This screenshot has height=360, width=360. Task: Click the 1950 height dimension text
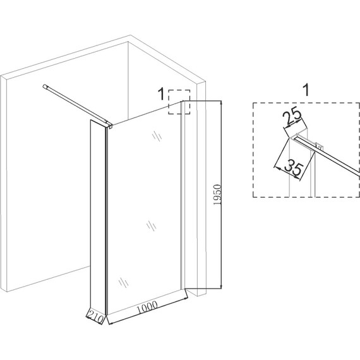(217, 195)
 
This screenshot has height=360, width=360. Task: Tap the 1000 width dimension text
(148, 307)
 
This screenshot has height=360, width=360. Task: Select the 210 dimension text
(95, 317)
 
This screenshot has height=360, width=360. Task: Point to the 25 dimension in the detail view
(292, 116)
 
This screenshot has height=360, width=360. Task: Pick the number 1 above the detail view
(306, 90)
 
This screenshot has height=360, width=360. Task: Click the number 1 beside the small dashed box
(162, 94)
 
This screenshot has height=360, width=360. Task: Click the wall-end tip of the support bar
(44, 87)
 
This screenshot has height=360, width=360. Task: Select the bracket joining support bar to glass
(109, 125)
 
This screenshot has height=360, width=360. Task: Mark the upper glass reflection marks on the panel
(157, 136)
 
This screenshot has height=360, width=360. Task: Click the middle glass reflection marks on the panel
(152, 225)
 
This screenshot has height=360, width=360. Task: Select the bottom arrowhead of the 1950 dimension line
(221, 286)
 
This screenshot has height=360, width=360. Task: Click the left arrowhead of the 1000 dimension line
(110, 323)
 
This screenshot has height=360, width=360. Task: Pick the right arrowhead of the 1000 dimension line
(186, 298)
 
